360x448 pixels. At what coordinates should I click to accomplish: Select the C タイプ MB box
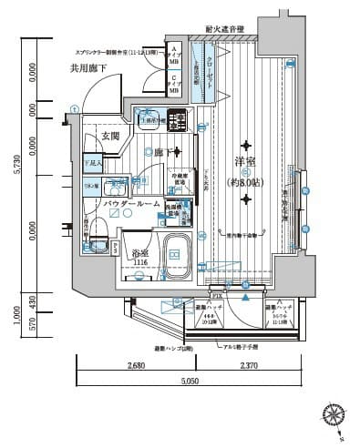172,84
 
